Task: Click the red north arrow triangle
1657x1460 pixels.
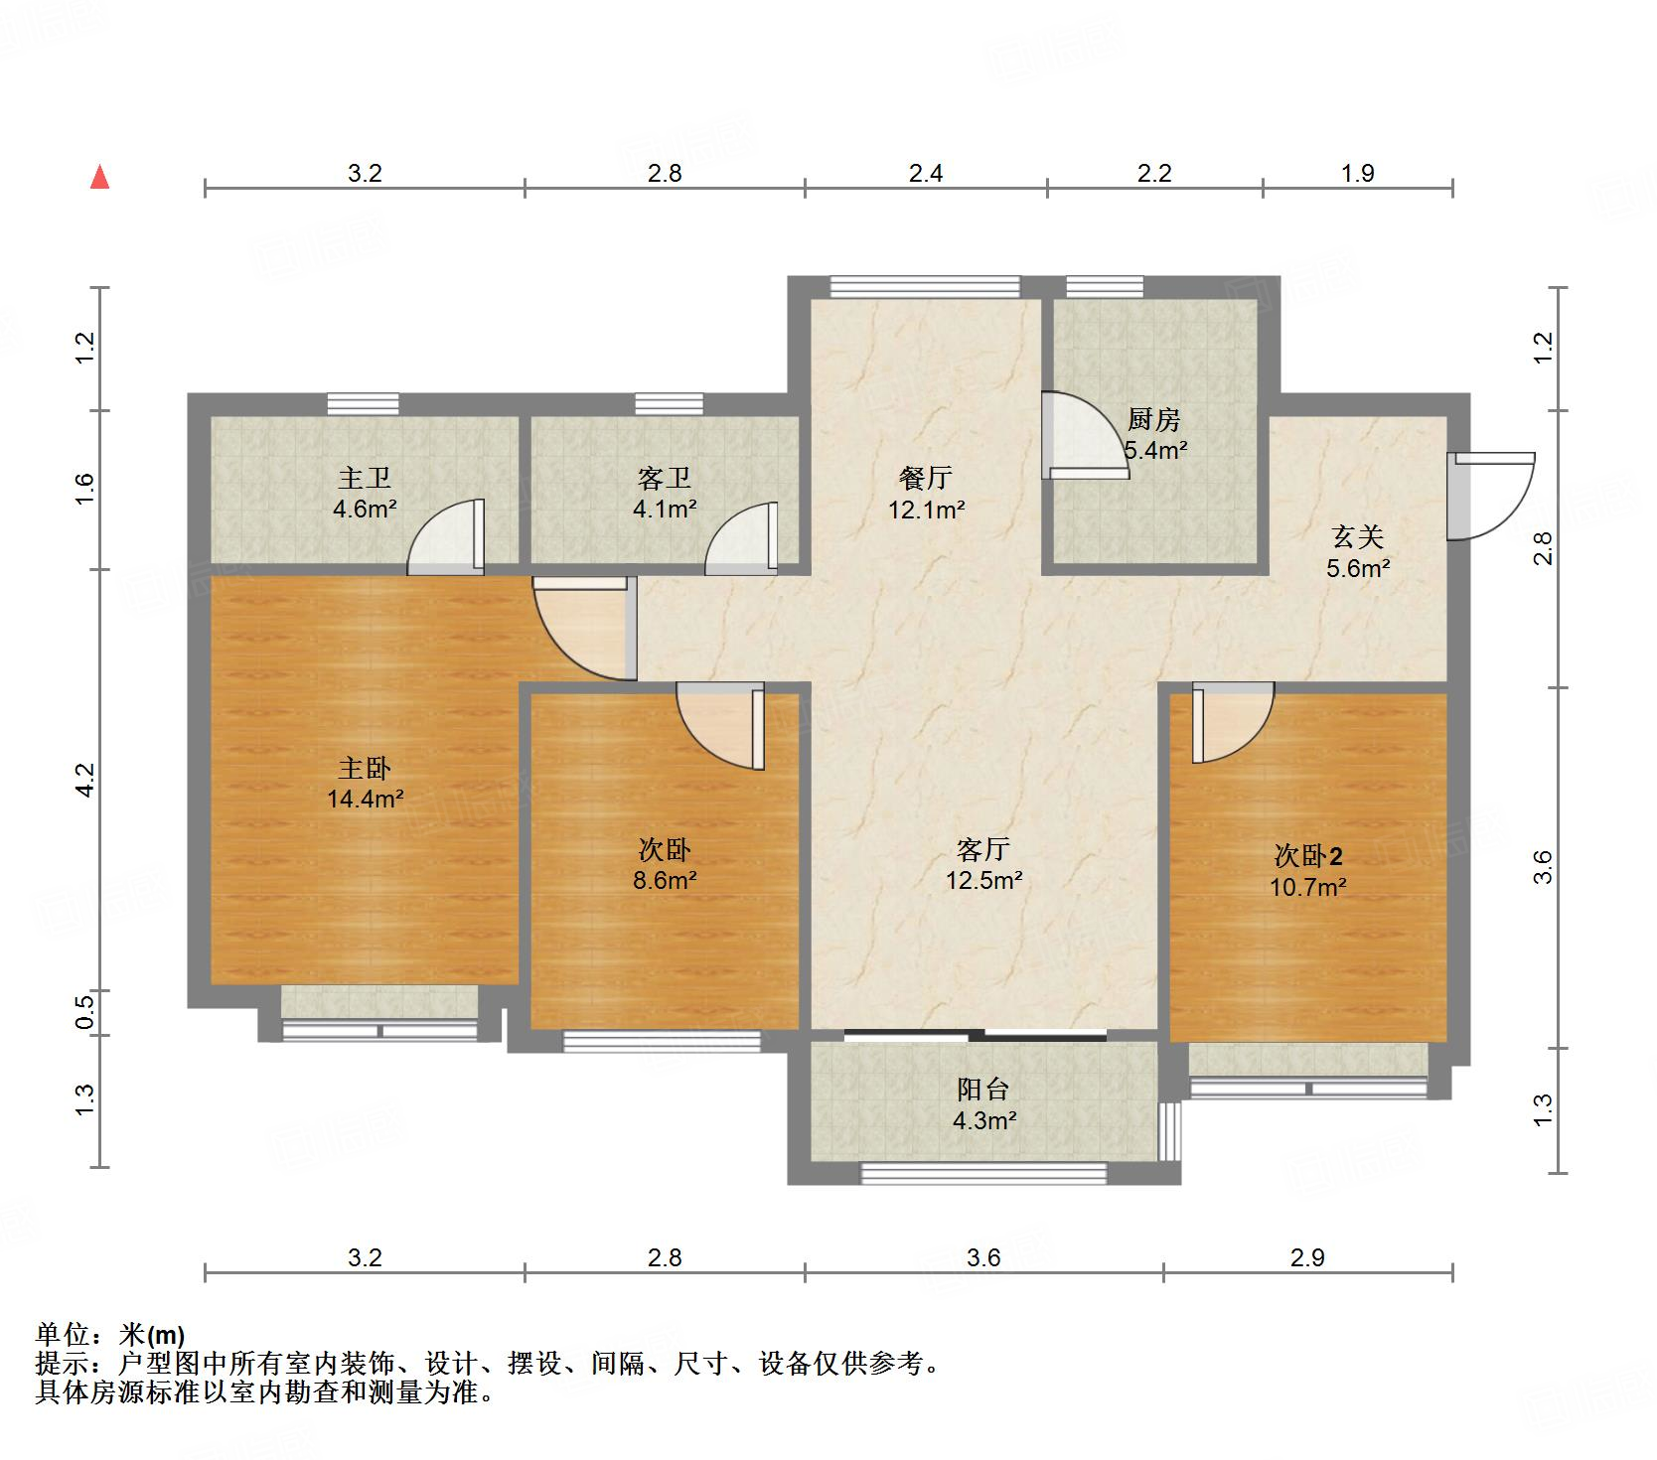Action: tap(99, 178)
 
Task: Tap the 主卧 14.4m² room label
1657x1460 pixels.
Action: tap(365, 783)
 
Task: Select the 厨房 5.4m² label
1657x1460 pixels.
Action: tap(1155, 435)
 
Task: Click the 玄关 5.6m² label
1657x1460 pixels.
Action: tap(1358, 552)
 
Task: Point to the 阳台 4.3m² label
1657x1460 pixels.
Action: tap(984, 1104)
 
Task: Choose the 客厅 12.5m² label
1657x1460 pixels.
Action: tap(984, 864)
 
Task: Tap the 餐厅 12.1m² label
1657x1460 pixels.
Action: tap(926, 494)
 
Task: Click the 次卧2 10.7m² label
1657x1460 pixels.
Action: tap(1308, 871)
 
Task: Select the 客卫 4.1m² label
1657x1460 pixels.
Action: tap(665, 494)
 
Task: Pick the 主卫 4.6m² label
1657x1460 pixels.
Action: tap(365, 494)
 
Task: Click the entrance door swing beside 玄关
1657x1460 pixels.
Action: tap(1488, 497)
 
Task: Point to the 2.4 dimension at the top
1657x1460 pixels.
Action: tap(926, 174)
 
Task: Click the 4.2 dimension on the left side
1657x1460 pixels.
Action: tap(85, 779)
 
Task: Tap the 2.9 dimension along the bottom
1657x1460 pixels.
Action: tap(1307, 1257)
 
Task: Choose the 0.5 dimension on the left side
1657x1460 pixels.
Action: tap(85, 1012)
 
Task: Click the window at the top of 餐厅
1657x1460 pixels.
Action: tap(925, 286)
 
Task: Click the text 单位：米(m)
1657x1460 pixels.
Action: tap(110, 1334)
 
